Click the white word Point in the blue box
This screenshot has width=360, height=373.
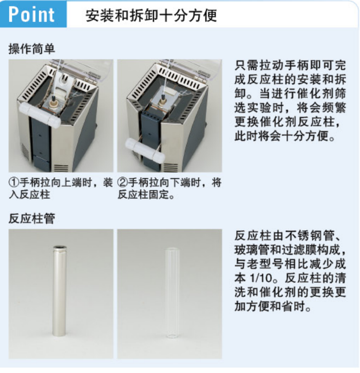31,14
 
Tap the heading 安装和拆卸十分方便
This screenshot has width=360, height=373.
151,16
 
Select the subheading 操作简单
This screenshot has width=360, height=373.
31,49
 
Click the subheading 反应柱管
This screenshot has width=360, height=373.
31,218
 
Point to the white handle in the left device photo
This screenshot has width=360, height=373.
40,115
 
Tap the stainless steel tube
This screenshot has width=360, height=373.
59,291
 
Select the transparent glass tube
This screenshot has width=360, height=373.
172,293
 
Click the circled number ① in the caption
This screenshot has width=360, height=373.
14,183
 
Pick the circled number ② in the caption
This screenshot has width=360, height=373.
122,183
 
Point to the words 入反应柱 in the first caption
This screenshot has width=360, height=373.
29,194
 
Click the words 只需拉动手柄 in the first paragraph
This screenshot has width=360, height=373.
271,65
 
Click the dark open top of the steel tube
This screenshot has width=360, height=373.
60,247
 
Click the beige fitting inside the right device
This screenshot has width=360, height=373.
163,102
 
